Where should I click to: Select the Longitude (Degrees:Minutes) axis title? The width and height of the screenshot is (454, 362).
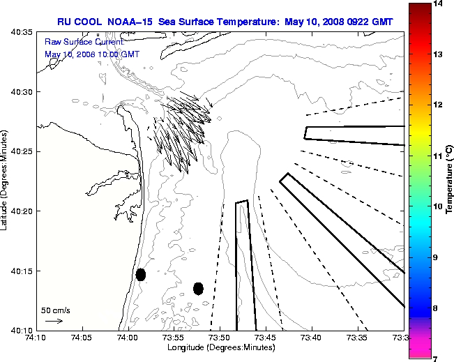tap(220, 347)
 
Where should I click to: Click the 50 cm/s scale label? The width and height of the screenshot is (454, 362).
tap(55, 310)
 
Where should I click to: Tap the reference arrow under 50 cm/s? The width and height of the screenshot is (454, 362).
tap(54, 322)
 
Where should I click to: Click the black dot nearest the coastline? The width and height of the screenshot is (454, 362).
tap(141, 274)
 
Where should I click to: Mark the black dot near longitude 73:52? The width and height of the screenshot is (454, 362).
tap(198, 288)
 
